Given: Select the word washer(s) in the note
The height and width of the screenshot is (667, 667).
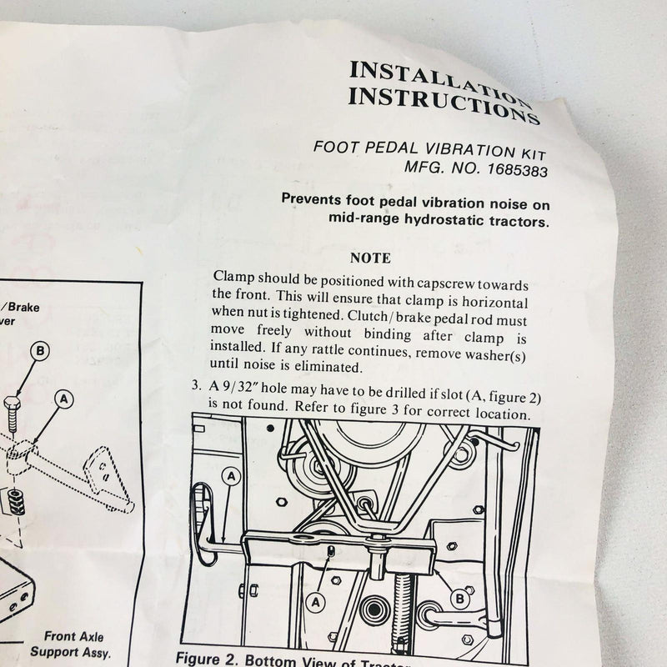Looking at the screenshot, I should pos(499,353).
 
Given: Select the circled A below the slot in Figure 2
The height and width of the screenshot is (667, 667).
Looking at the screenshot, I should pos(316,599).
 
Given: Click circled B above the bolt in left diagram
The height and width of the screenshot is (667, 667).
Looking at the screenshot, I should pos(40,351).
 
